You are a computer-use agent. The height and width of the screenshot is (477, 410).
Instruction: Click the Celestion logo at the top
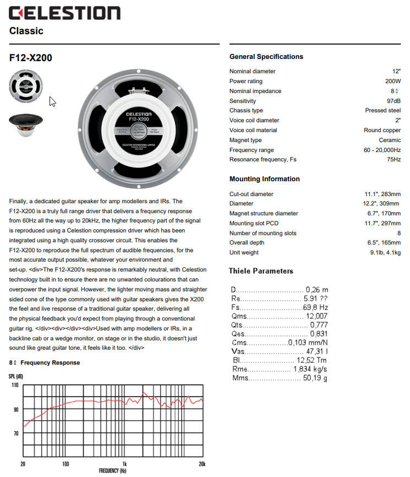[x=64, y=13]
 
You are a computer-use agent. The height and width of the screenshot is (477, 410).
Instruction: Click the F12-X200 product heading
[x=31, y=57]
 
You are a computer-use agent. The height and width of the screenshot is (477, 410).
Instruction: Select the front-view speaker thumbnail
[x=26, y=84]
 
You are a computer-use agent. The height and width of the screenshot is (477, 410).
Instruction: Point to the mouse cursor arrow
[x=53, y=101]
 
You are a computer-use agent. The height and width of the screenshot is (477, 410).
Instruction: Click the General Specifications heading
[x=266, y=57]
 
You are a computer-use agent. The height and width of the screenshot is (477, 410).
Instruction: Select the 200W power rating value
[x=393, y=81]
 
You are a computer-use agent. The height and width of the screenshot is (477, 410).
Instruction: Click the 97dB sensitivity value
[x=393, y=101]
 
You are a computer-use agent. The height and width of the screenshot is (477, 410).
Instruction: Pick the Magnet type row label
[x=245, y=140]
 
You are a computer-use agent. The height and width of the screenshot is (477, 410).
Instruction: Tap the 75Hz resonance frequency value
[x=393, y=159]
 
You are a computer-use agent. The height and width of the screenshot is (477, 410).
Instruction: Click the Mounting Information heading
[x=264, y=179]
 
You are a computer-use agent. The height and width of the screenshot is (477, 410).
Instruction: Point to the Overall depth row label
[x=248, y=243]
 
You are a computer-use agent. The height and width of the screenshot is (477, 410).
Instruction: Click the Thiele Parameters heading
[x=261, y=271]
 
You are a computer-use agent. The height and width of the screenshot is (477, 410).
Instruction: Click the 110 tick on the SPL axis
[x=15, y=385]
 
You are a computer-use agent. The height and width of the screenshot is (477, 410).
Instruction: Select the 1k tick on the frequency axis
[x=124, y=464]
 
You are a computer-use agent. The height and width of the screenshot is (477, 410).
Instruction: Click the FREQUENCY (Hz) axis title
[x=112, y=471]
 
